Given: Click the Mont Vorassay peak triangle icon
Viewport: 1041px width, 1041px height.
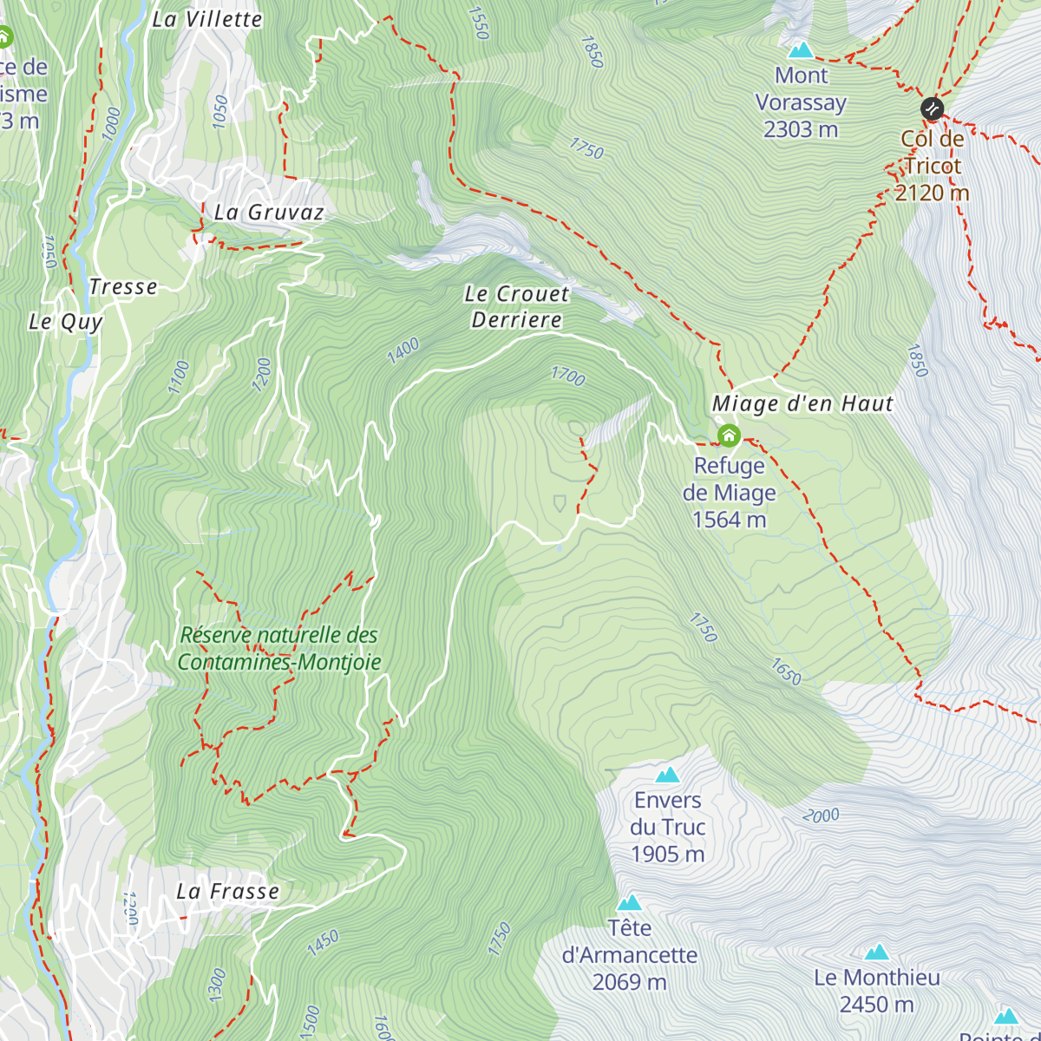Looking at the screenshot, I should point(800,50).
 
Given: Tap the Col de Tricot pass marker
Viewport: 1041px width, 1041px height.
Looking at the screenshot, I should point(932,108).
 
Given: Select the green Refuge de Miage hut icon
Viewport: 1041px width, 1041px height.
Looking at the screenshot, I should point(729,435).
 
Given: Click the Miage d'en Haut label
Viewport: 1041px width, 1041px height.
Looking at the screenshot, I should point(802,404).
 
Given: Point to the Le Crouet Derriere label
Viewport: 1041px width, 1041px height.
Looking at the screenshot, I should point(517,307).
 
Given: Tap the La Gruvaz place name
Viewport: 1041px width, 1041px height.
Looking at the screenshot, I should point(269,213).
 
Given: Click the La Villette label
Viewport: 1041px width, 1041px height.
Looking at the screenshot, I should point(206,19).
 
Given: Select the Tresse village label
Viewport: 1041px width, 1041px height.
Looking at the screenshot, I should point(123,287).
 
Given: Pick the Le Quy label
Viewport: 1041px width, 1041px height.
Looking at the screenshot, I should point(66,322).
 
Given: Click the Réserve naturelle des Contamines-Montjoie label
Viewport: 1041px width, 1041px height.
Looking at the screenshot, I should point(279,649).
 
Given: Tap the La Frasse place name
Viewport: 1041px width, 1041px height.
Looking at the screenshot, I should point(228,892).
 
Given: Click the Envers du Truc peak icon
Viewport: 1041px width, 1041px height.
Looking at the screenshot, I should point(667,775).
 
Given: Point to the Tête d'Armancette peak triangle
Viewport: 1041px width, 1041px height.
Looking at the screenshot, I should point(629,903).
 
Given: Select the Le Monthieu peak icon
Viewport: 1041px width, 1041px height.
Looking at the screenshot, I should point(877,953).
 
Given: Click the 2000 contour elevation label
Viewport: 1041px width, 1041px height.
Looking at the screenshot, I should point(821,815).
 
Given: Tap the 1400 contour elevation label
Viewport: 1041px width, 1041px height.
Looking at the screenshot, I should point(403,350).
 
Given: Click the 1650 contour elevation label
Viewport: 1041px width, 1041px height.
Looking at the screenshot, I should point(786,671).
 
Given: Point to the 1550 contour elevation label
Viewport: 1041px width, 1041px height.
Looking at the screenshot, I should point(478,23).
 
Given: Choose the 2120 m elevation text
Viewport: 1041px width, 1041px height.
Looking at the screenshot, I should point(932,193).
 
